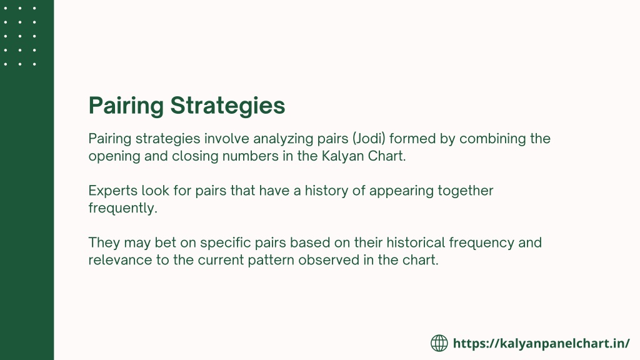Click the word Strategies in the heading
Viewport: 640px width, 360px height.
coord(227,106)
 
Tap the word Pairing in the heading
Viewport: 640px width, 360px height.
coord(126,106)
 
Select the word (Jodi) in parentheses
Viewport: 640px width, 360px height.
coord(369,139)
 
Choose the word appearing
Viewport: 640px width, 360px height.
coord(402,191)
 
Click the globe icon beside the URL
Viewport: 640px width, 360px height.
coord(439,343)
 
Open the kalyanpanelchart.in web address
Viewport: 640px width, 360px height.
coord(542,344)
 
